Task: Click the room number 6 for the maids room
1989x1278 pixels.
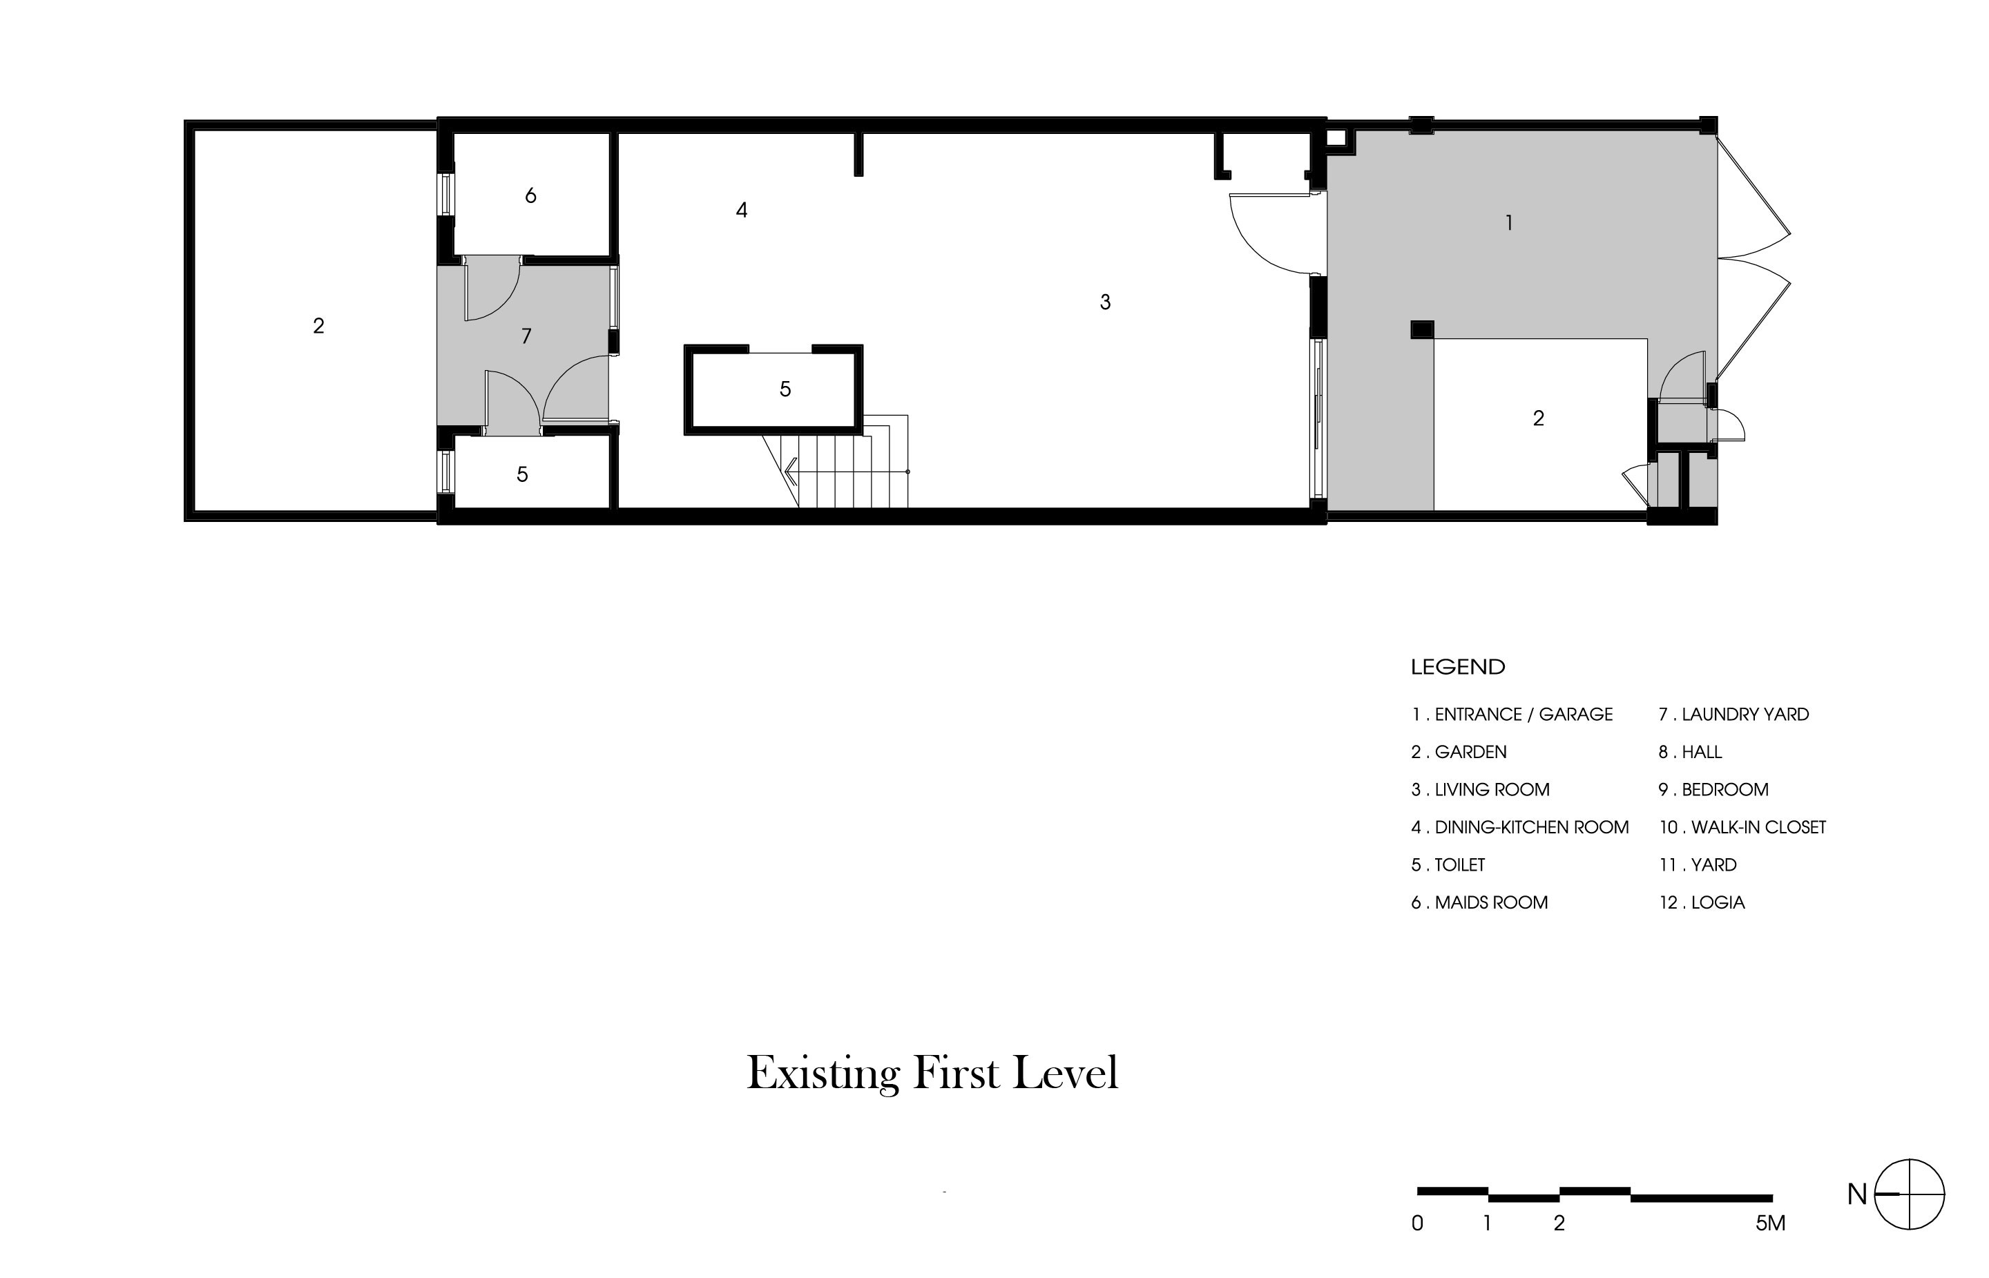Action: (x=530, y=196)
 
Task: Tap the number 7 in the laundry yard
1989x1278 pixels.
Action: (x=526, y=336)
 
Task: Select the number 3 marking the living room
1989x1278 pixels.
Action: (x=1105, y=302)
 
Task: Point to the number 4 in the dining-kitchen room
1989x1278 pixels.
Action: (x=741, y=211)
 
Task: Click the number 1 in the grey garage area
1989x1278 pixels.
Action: (x=1508, y=222)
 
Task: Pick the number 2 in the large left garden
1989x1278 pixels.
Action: (x=319, y=326)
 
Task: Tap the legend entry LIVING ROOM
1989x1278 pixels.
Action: (x=1492, y=789)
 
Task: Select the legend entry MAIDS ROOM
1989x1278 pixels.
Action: (x=1491, y=902)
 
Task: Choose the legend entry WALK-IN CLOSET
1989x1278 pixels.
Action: (x=1758, y=827)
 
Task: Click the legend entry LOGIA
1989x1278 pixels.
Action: (x=1718, y=902)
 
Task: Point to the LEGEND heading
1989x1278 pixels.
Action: (x=1458, y=666)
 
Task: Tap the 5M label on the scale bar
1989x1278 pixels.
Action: (x=1770, y=1223)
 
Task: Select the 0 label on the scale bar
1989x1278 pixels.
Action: (x=1417, y=1223)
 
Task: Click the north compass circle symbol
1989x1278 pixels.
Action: (x=1910, y=1194)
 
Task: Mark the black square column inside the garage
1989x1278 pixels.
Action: (x=1422, y=329)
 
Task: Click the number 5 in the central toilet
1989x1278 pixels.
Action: (x=785, y=389)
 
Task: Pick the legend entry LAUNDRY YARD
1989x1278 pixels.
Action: (x=1745, y=715)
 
